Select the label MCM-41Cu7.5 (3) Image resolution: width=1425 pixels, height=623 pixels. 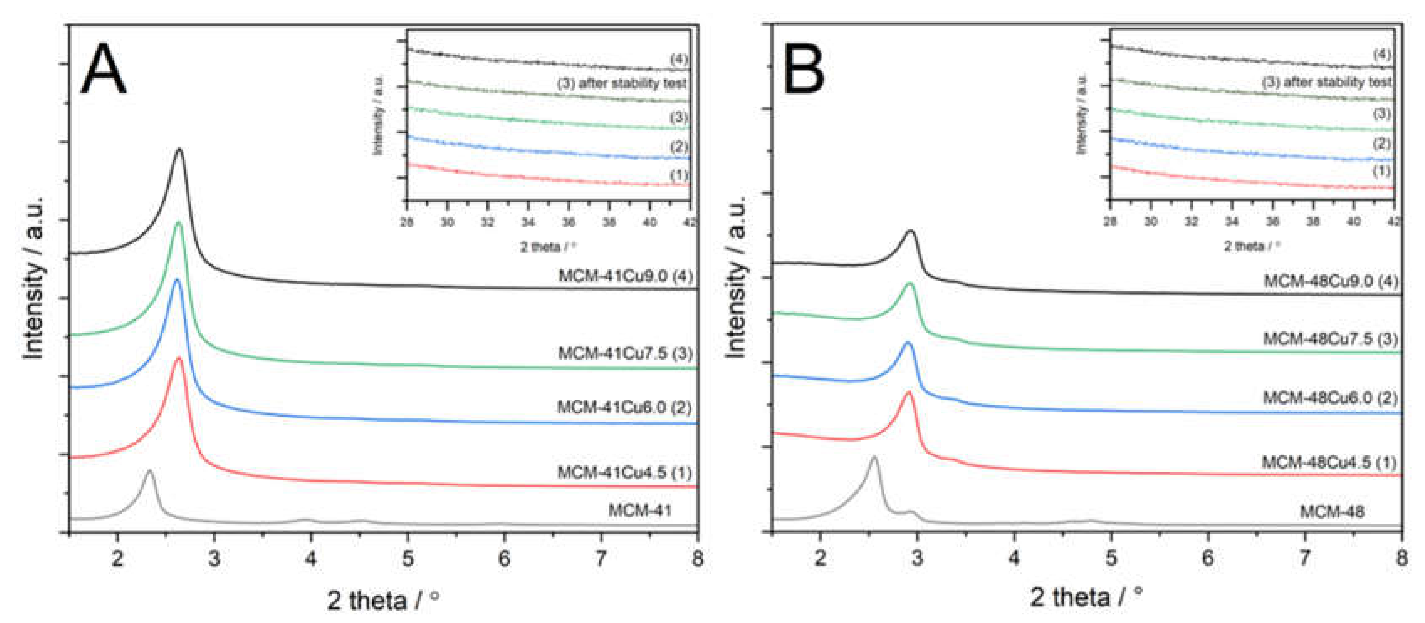(x=625, y=353)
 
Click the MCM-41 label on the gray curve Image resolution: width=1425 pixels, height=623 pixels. (x=640, y=510)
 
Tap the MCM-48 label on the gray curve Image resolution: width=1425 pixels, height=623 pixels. (x=1331, y=511)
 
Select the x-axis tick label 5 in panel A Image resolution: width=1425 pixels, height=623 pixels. (x=408, y=558)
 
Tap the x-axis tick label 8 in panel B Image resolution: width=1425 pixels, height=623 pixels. (x=1401, y=557)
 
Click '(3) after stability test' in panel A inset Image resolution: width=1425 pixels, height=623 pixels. (x=622, y=84)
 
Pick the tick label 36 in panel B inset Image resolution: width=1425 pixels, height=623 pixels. (x=1272, y=222)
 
